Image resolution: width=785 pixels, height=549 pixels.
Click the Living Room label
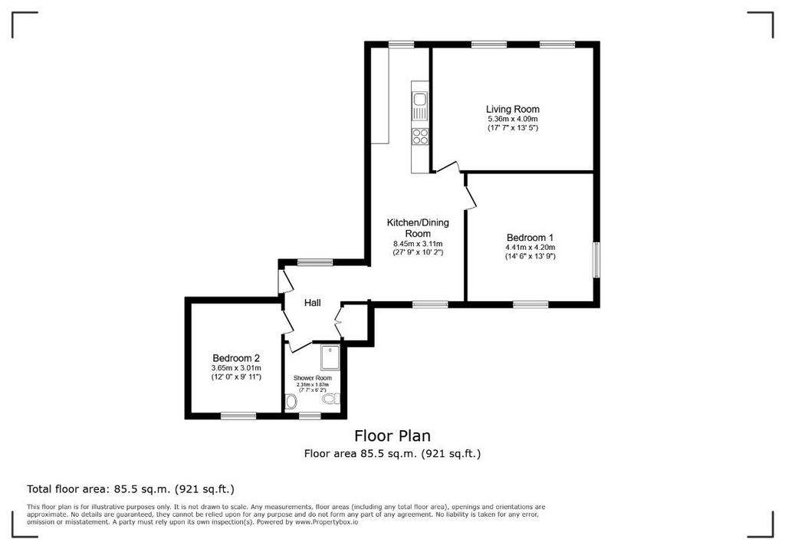click(x=513, y=109)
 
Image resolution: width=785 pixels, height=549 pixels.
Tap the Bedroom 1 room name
click(x=530, y=238)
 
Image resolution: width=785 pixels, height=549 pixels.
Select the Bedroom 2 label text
click(x=236, y=358)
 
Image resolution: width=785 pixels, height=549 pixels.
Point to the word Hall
click(x=313, y=303)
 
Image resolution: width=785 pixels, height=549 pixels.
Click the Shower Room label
click(x=313, y=378)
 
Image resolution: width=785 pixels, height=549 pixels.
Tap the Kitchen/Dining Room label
click(x=418, y=228)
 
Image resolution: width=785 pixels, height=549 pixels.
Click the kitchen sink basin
click(x=419, y=99)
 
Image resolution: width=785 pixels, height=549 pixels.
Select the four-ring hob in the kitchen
click(x=420, y=136)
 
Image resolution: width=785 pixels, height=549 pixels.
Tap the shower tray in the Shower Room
click(x=330, y=357)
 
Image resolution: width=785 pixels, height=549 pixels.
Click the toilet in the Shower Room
click(x=330, y=399)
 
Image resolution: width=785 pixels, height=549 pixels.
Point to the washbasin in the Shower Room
click(x=291, y=401)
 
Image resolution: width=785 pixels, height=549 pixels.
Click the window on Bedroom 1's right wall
click(x=596, y=260)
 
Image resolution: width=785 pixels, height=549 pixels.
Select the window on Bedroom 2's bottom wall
click(x=238, y=416)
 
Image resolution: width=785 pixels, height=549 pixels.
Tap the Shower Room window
click(x=310, y=416)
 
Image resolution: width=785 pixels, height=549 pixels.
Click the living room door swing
click(x=447, y=168)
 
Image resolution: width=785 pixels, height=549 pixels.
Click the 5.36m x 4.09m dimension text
click(x=513, y=119)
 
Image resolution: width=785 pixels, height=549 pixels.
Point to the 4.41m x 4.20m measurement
click(x=530, y=248)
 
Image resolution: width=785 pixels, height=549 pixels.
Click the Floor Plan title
click(x=392, y=436)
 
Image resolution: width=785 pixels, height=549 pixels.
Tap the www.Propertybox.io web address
click(x=327, y=521)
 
